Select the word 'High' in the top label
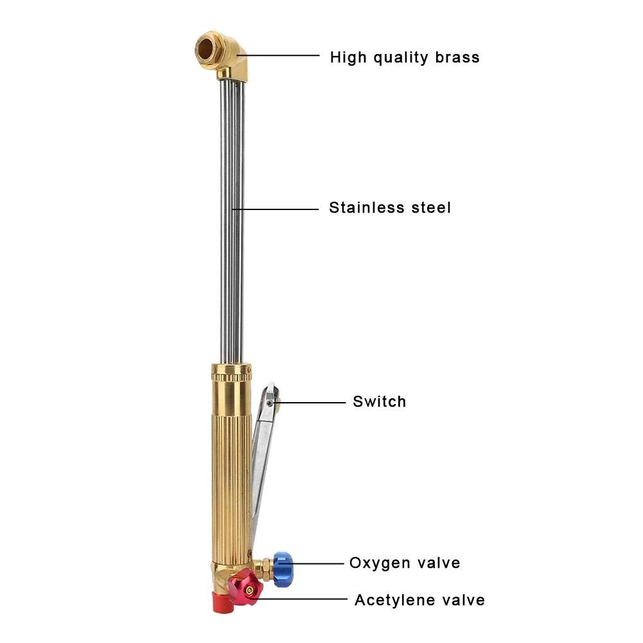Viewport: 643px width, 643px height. (x=351, y=57)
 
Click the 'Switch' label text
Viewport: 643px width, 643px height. (x=380, y=402)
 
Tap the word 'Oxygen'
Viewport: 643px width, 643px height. (x=380, y=563)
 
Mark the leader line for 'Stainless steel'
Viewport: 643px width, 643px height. (x=276, y=209)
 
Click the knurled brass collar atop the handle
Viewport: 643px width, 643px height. (x=231, y=371)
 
